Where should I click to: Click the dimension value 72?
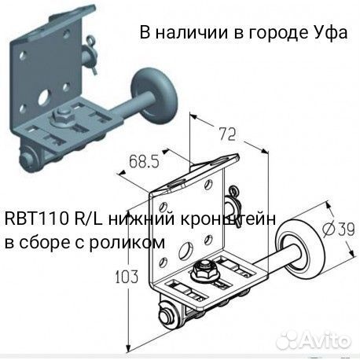tap(227, 134)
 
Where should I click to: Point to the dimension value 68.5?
tap(145, 162)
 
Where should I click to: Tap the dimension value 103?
tap(127, 277)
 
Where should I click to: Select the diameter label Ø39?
tap(338, 229)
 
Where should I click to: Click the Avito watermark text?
tap(325, 340)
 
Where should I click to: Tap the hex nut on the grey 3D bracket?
tap(61, 116)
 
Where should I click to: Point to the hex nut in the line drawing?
tap(204, 270)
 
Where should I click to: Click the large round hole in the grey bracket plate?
tap(45, 97)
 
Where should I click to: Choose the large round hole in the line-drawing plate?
tap(186, 250)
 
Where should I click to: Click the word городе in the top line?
tap(278, 33)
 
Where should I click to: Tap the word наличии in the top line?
tap(193, 33)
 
